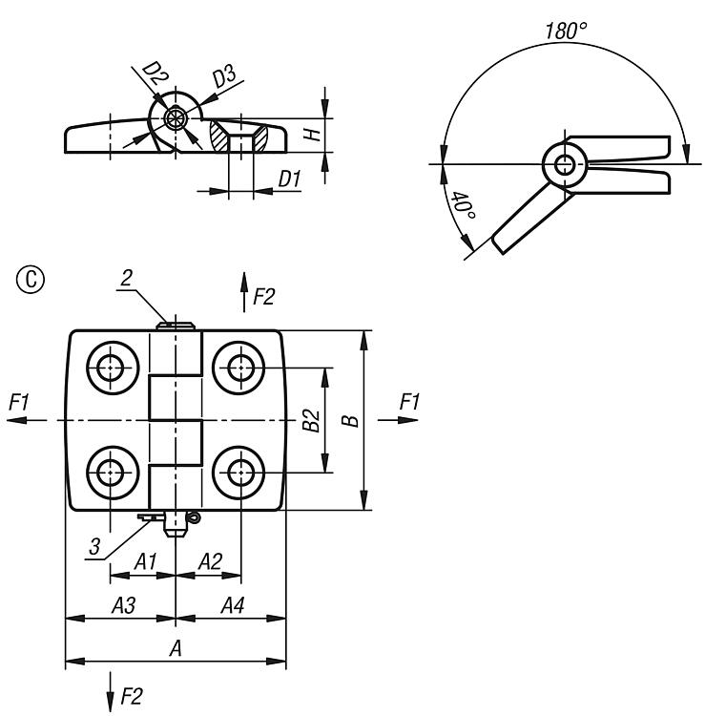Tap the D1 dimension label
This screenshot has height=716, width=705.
tap(289, 178)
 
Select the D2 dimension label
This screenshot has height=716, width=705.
tap(153, 73)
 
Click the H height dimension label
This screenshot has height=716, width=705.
tap(311, 135)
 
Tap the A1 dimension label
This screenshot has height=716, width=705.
tap(144, 562)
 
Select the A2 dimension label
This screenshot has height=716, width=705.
tap(209, 562)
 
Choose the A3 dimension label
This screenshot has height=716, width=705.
tap(122, 604)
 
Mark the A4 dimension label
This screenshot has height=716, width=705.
tap(231, 604)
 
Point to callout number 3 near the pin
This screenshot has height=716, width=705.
tap(93, 546)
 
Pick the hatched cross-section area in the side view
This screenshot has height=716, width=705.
tap(226, 137)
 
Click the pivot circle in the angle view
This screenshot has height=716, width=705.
tap(565, 165)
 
